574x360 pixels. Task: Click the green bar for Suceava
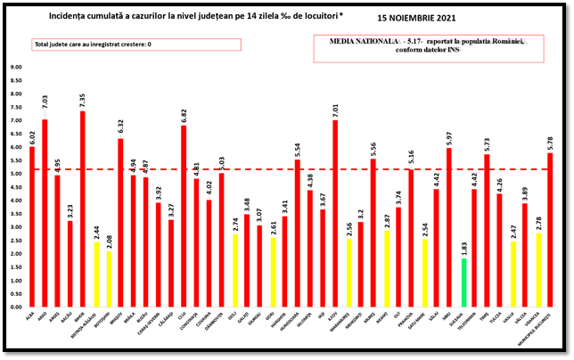point(463,282)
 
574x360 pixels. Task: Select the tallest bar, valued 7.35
point(82,209)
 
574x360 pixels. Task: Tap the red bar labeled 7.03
point(45,213)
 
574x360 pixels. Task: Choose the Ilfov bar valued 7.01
point(334,213)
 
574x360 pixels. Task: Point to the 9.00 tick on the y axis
point(16,67)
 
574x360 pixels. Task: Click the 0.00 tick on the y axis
point(16,307)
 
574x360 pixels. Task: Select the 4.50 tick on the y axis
point(16,187)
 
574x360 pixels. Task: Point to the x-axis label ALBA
point(32,315)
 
